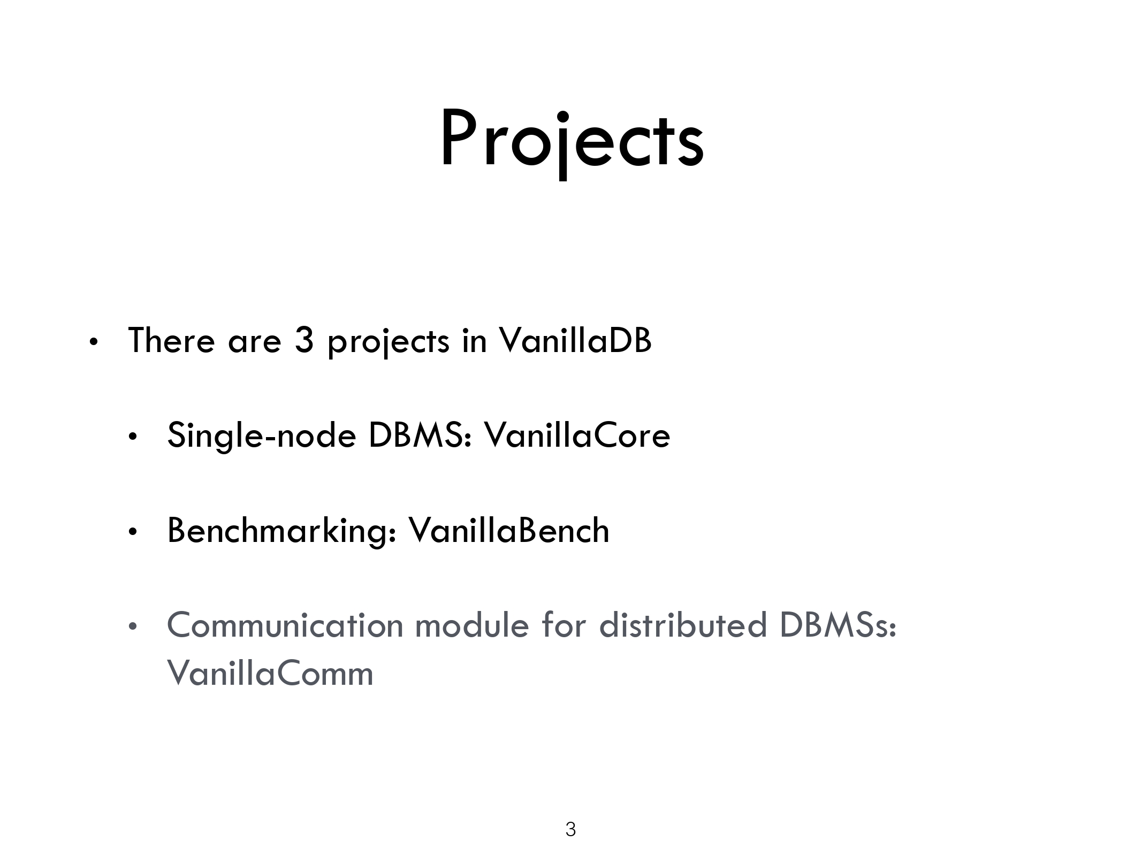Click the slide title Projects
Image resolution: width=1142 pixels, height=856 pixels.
(x=571, y=141)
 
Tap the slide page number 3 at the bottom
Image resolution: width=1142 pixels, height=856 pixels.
(x=570, y=829)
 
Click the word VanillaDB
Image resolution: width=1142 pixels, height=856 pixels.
(x=575, y=340)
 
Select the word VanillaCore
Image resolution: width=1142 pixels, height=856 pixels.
(x=577, y=435)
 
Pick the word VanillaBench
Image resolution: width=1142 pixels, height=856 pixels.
(x=509, y=530)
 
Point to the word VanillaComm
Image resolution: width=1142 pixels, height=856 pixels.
(x=270, y=672)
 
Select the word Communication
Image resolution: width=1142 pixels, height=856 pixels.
(x=285, y=625)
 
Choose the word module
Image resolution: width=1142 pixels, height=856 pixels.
(x=472, y=625)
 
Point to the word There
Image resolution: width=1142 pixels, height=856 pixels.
(x=171, y=340)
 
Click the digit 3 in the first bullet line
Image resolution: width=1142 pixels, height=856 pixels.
(x=303, y=341)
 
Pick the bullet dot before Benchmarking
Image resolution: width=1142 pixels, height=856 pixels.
(x=133, y=533)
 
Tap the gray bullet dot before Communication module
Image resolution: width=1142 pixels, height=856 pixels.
(x=133, y=628)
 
